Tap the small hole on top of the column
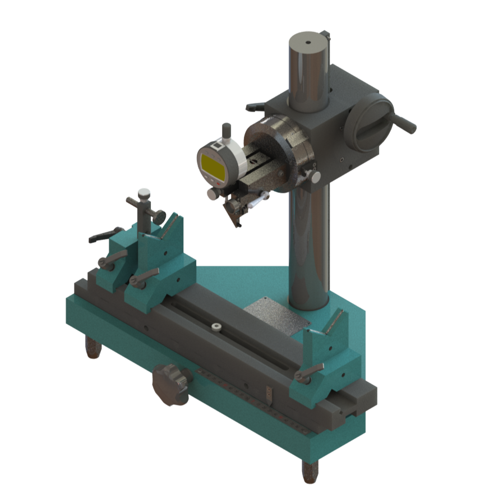coord(308,41)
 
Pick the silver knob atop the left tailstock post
coord(145,193)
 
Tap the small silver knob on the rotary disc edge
coord(315,177)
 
